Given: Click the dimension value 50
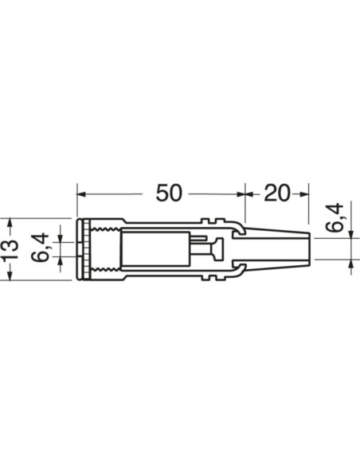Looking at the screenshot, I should [x=169, y=193].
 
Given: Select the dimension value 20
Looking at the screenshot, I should [x=276, y=193].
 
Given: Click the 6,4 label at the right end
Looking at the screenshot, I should [x=335, y=217].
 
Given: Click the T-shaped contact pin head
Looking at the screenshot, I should [x=216, y=248].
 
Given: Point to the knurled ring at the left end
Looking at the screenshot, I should [x=81, y=248].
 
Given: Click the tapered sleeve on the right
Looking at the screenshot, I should [x=275, y=248].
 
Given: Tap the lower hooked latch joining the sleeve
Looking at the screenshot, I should [x=236, y=267].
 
